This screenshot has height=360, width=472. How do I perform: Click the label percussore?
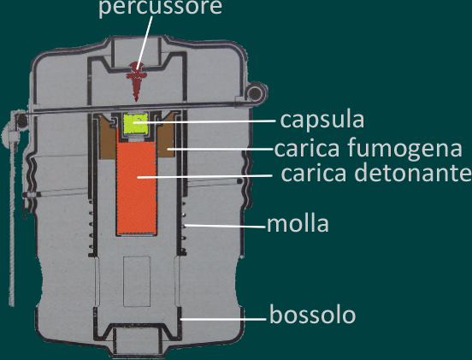pyautogui.click(x=160, y=7)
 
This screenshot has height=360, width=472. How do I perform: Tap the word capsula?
pyautogui.click(x=322, y=120)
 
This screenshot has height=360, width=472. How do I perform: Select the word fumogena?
pyautogui.click(x=404, y=149)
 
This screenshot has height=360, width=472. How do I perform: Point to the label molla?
pyautogui.click(x=298, y=224)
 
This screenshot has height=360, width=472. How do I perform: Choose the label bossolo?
pyautogui.click(x=312, y=315)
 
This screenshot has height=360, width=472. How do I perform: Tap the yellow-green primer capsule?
pyautogui.click(x=136, y=123)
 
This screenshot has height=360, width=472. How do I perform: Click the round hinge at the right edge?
pyautogui.click(x=256, y=92)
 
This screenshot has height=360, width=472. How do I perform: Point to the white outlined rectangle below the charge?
pyautogui.click(x=137, y=281)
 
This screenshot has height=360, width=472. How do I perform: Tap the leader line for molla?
pyautogui.click(x=226, y=226)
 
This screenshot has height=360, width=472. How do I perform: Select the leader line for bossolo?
pyautogui.click(x=223, y=318)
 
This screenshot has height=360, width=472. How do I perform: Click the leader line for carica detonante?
pyautogui.click(x=204, y=176)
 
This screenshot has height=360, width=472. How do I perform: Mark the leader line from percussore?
pyautogui.click(x=145, y=43)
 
